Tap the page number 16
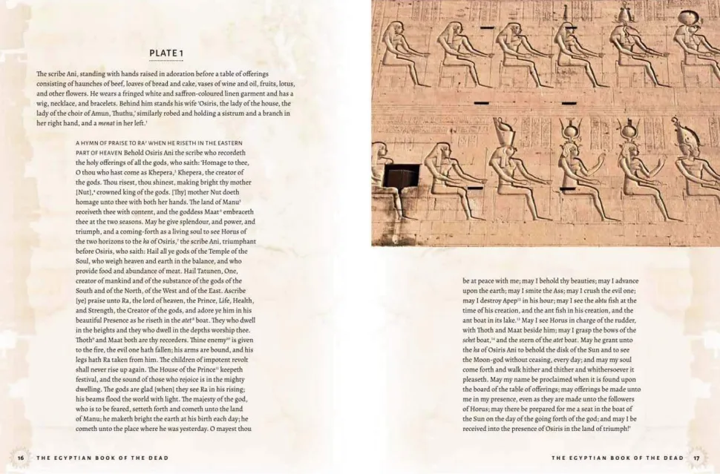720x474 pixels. (x=21, y=458)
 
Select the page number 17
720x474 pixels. (x=696, y=458)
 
